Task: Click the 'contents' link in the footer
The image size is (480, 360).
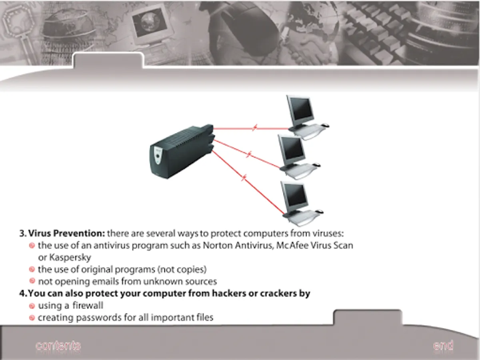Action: [58, 346]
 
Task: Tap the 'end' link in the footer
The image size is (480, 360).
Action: [443, 345]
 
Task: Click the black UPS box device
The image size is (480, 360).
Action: [182, 152]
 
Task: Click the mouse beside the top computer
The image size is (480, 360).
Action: [325, 125]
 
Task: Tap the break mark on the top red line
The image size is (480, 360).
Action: [254, 128]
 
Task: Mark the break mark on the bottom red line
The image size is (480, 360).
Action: [244, 178]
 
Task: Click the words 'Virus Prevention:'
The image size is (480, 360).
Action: [67, 234]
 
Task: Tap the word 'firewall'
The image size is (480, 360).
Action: [88, 306]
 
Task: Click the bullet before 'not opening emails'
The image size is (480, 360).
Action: [32, 281]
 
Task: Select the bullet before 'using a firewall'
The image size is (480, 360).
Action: [32, 306]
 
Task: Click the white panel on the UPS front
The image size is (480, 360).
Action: [158, 156]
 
